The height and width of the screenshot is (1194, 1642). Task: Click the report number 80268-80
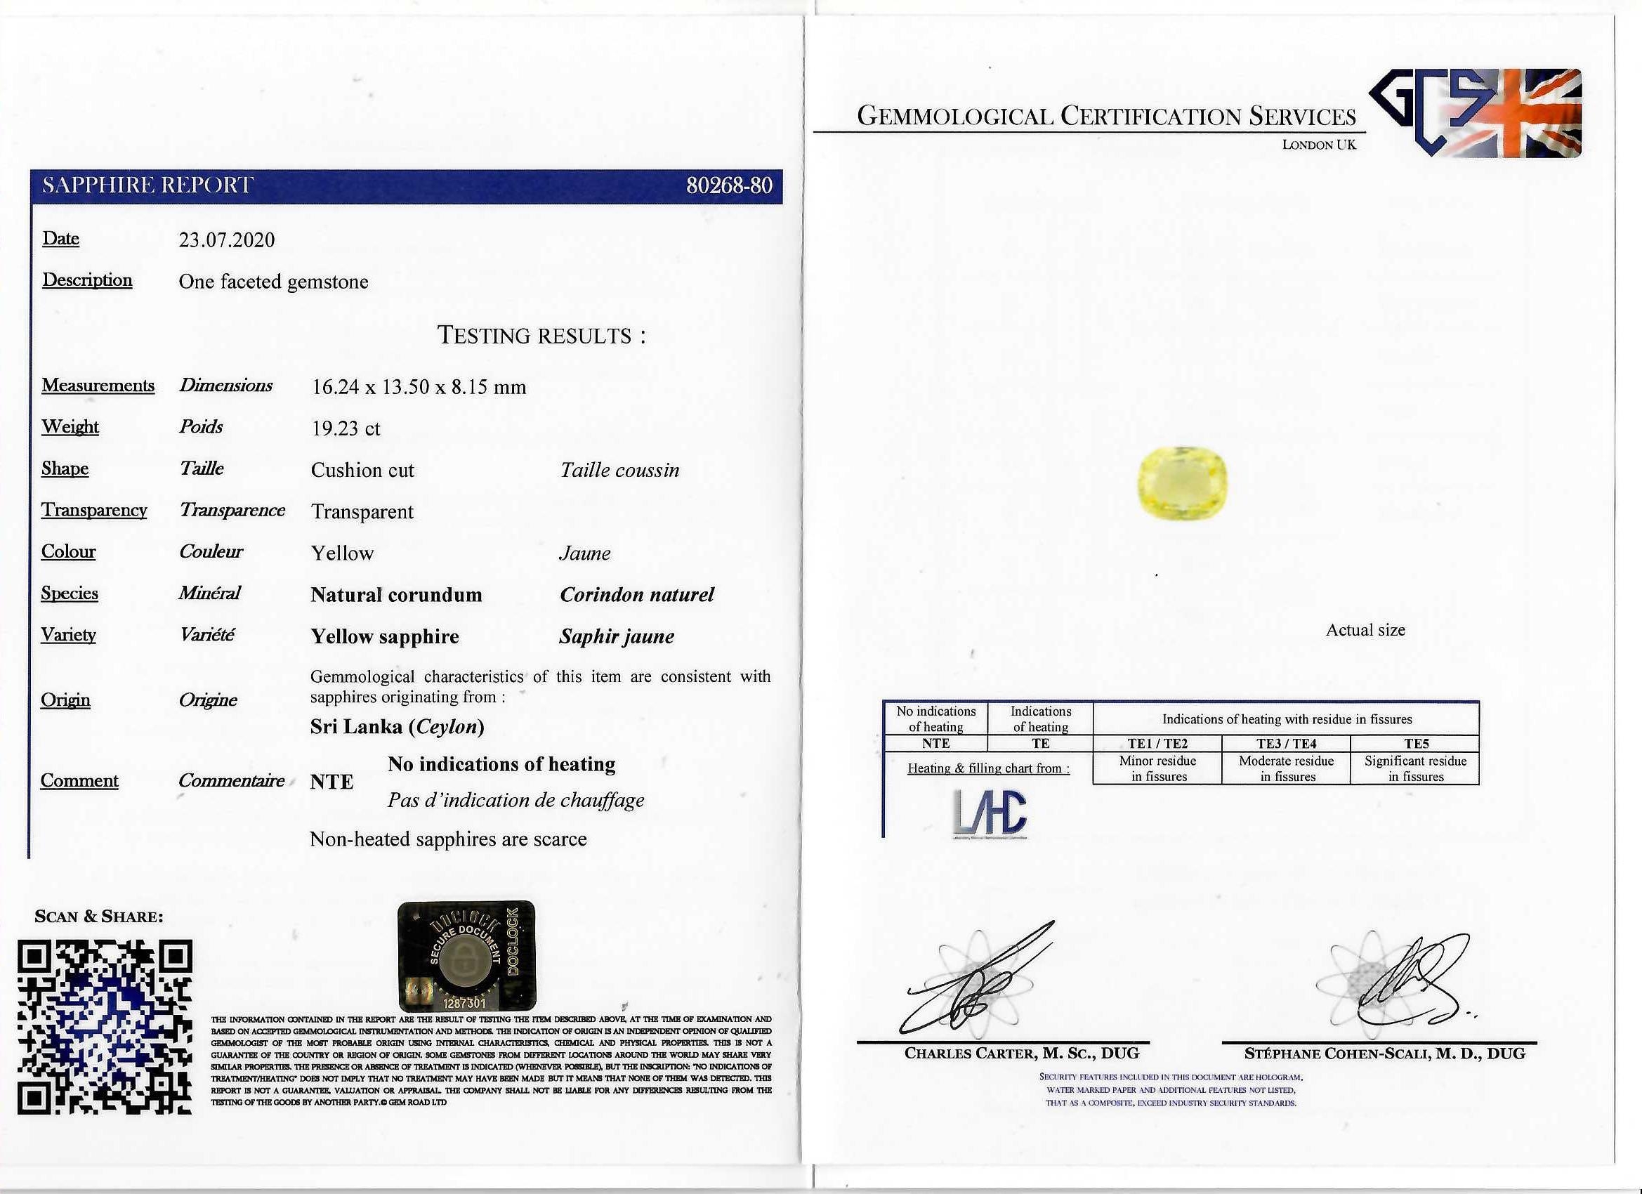[728, 186]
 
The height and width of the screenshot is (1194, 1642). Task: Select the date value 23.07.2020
[227, 240]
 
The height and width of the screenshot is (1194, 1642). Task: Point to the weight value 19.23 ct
[346, 428]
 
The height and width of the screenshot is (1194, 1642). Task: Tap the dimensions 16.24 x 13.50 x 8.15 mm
[419, 388]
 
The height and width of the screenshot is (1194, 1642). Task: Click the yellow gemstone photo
[1181, 483]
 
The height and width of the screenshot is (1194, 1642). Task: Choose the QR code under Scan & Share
[105, 1027]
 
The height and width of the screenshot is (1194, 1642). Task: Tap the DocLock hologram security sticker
[467, 955]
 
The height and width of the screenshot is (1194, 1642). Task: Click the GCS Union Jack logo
[1475, 113]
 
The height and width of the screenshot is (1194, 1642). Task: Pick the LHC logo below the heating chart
[990, 813]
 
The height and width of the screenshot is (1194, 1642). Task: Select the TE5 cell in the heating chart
[1415, 744]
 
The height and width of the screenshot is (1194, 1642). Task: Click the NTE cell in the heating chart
[935, 744]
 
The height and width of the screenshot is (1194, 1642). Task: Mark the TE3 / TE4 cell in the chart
[1286, 744]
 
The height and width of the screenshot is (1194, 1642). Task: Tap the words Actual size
[1365, 631]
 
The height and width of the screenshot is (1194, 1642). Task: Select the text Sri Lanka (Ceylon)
[397, 727]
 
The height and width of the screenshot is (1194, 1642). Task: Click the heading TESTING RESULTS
[541, 336]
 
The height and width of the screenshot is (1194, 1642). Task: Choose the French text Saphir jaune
[616, 637]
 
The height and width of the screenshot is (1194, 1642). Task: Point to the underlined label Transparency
[94, 511]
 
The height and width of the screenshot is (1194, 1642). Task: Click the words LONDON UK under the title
[1318, 145]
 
